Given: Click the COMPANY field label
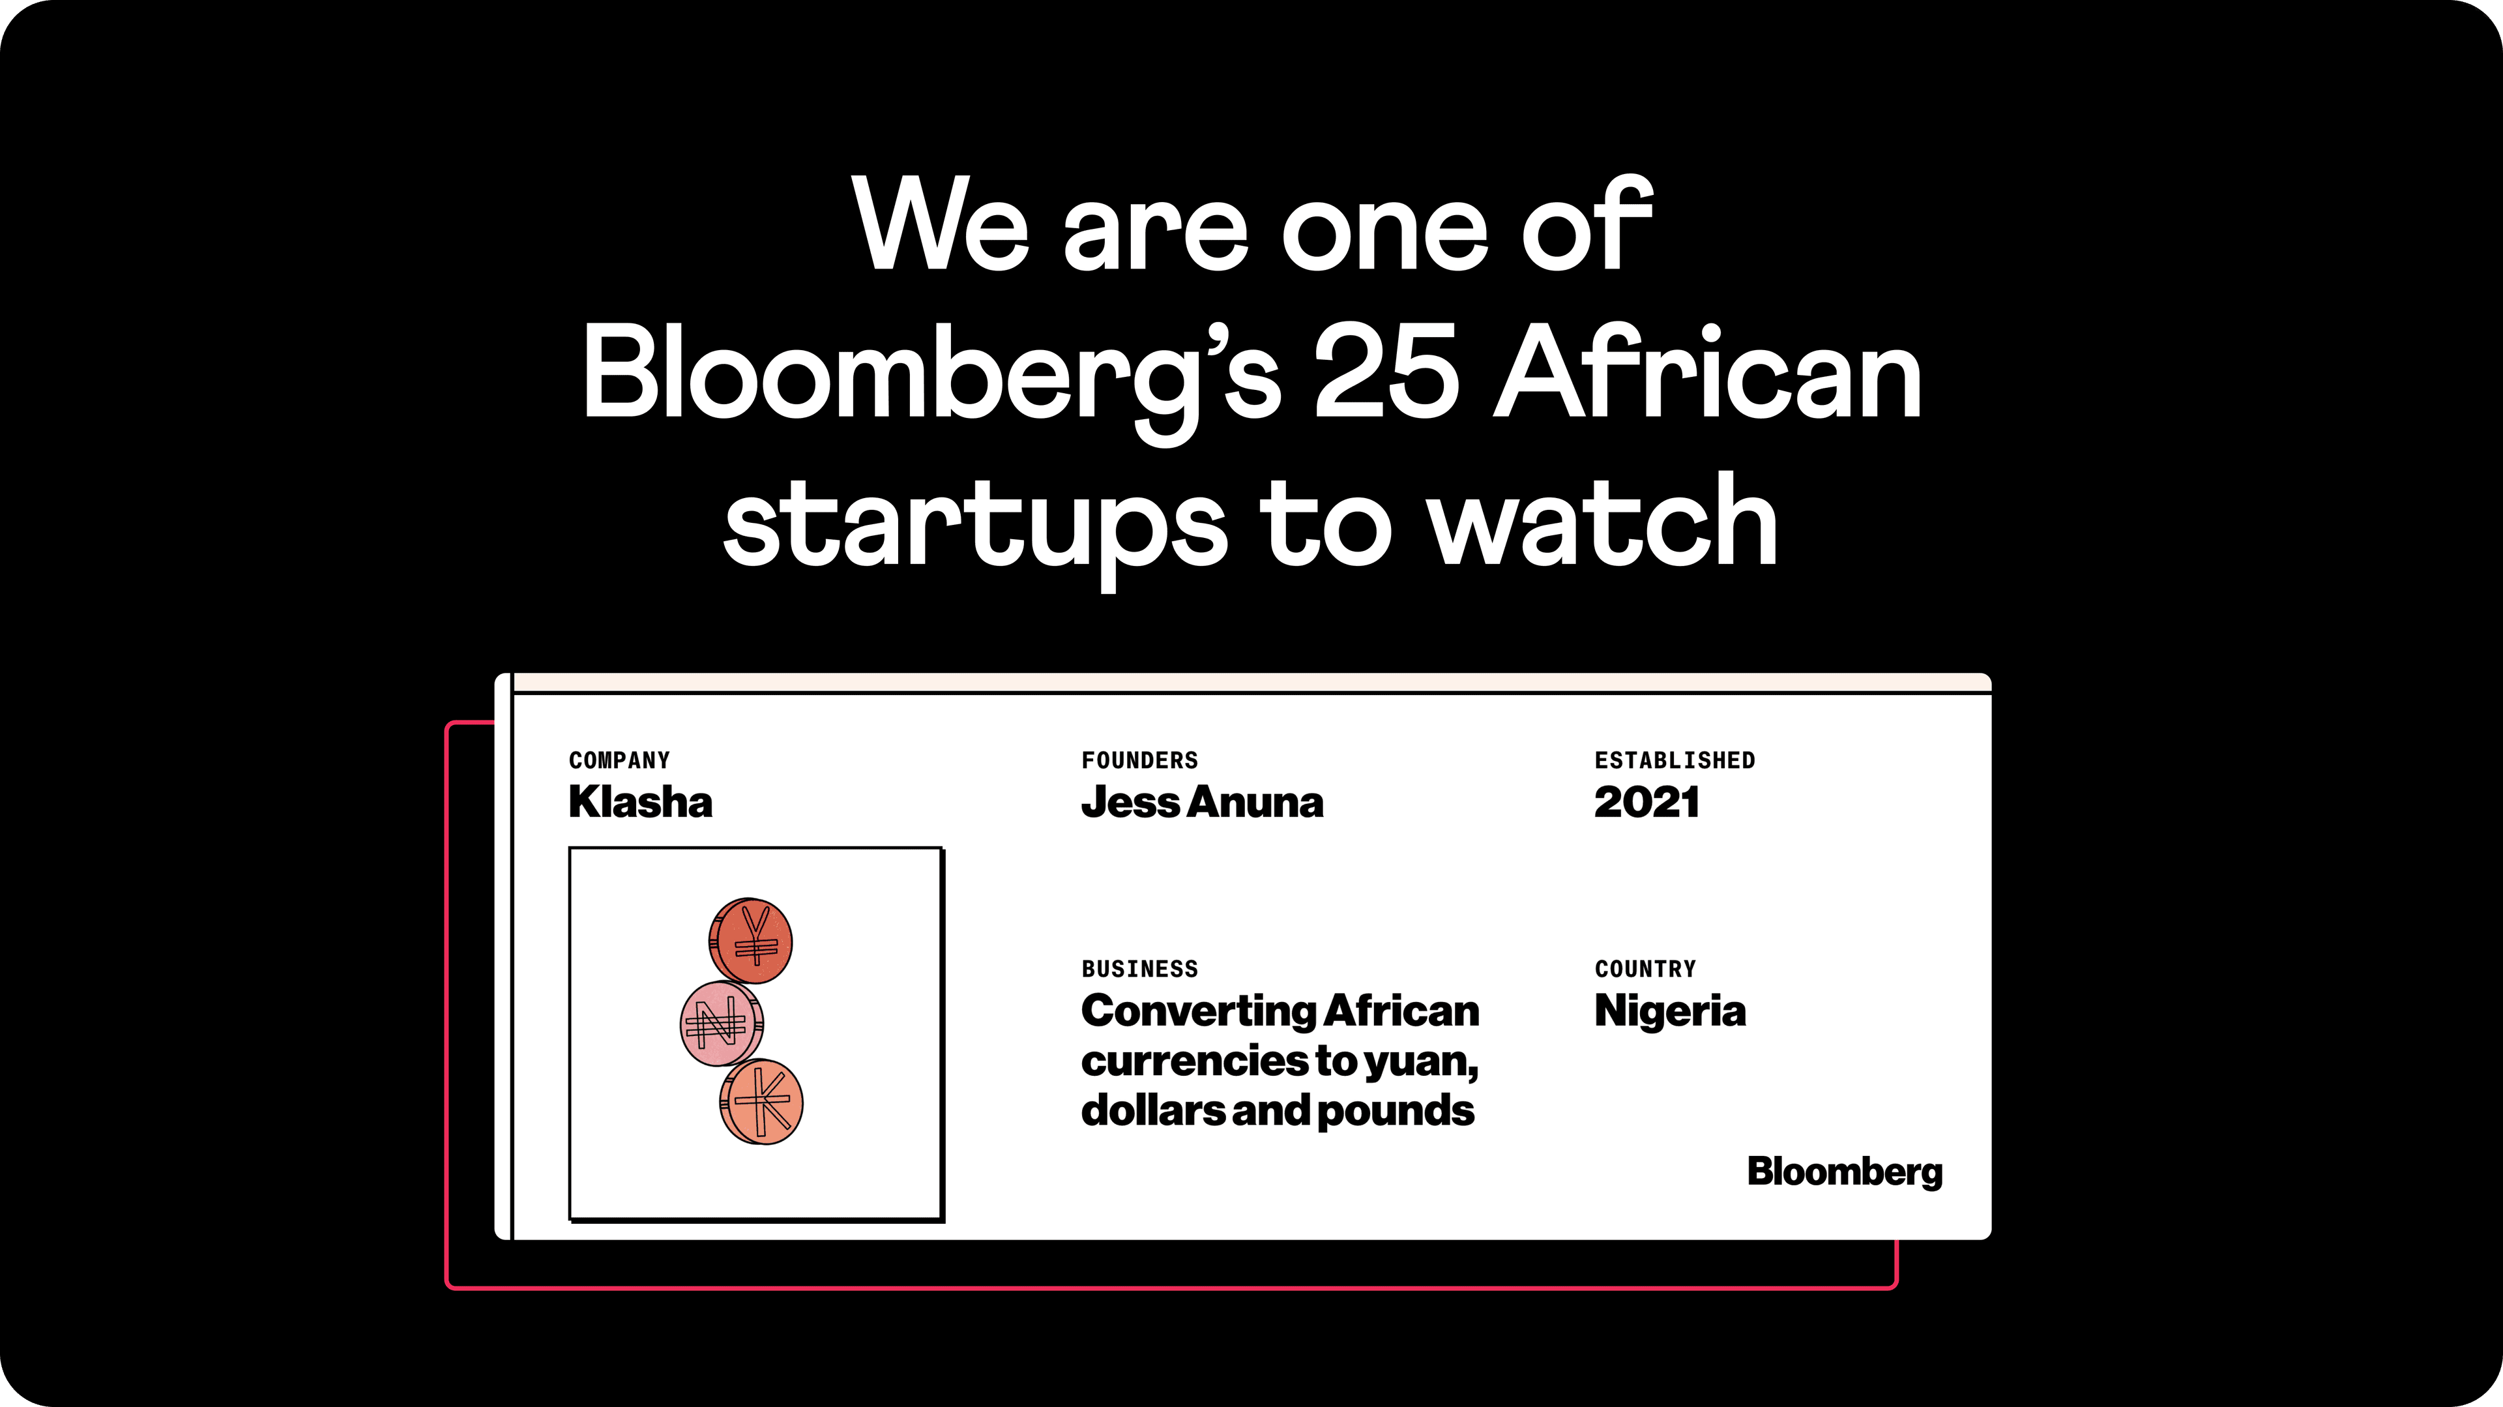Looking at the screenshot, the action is click(x=619, y=760).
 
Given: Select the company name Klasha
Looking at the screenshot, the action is click(x=640, y=803).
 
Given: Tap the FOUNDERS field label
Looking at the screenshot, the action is click(x=1140, y=760).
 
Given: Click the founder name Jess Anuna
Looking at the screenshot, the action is click(x=1202, y=803).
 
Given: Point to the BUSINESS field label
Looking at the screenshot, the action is click(x=1140, y=969).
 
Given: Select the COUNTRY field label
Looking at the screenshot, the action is click(x=1645, y=969).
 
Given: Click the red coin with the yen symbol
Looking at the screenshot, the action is click(x=750, y=941).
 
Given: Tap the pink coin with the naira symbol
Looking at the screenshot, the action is click(x=721, y=1023).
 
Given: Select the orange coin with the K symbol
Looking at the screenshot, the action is click(x=761, y=1102).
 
